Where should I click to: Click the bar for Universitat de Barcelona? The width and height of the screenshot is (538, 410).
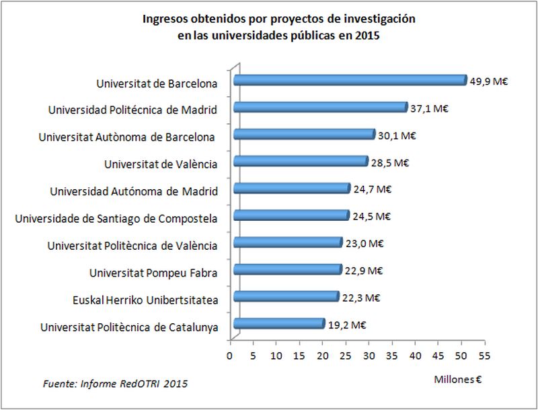click(x=350, y=80)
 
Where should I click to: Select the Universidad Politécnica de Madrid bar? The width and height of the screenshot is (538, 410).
click(x=320, y=107)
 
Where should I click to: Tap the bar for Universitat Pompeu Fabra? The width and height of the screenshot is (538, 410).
click(x=287, y=269)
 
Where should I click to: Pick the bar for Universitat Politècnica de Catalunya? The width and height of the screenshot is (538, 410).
click(x=278, y=324)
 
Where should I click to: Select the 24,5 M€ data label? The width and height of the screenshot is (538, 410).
click(x=372, y=216)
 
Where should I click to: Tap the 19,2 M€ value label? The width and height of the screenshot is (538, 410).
click(x=346, y=324)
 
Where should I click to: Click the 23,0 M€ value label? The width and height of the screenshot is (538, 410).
click(x=364, y=244)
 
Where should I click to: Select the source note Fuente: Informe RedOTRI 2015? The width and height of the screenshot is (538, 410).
click(x=115, y=384)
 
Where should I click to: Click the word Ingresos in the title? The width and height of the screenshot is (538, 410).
click(x=164, y=19)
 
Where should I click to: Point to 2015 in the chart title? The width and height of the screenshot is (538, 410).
click(x=367, y=36)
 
